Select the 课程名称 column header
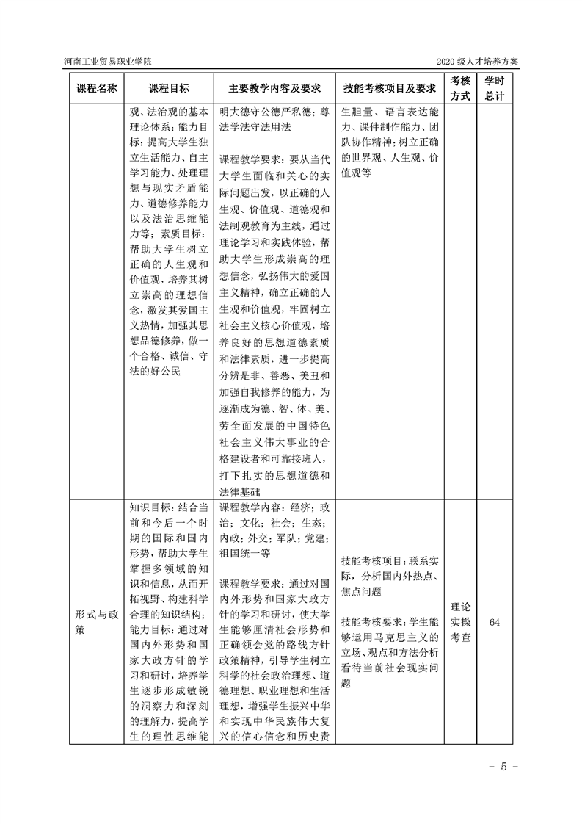(x=96, y=89)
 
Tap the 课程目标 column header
(x=169, y=89)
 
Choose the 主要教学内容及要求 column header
(x=274, y=89)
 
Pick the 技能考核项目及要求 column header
(x=390, y=89)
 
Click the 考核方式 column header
(x=460, y=89)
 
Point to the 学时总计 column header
(x=494, y=89)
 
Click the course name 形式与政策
(x=96, y=621)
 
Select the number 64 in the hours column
(x=494, y=622)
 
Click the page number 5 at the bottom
(x=504, y=767)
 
